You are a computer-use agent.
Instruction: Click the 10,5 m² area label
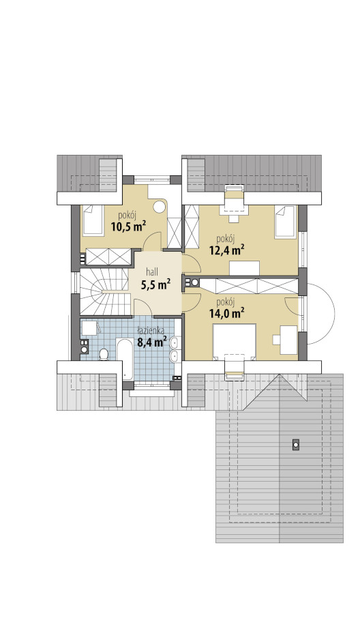click(x=128, y=226)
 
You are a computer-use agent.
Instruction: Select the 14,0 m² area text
click(x=227, y=313)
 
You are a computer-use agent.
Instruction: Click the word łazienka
click(x=151, y=329)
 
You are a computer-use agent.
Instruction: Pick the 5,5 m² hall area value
click(x=155, y=284)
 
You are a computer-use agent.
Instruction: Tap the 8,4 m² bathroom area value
click(x=151, y=341)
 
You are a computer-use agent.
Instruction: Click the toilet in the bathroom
click(x=104, y=354)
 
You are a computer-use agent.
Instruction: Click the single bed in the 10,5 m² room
click(x=93, y=220)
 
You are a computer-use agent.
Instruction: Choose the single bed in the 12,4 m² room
click(x=285, y=222)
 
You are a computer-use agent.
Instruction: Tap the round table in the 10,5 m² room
click(x=159, y=207)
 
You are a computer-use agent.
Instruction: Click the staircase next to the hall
click(x=105, y=291)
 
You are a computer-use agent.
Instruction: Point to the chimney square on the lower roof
click(x=295, y=444)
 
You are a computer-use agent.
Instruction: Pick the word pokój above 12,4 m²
click(x=226, y=238)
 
